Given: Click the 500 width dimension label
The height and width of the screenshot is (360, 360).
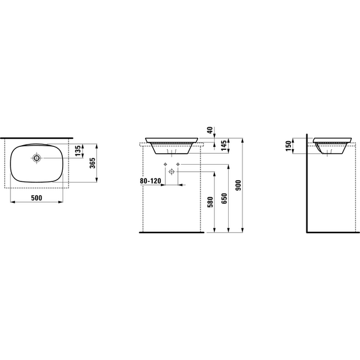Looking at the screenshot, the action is [37, 198].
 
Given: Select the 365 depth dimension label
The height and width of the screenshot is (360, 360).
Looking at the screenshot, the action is [93, 163].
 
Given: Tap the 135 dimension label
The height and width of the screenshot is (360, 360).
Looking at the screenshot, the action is [78, 150].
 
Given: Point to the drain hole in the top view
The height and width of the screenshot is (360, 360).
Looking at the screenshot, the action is [36, 158].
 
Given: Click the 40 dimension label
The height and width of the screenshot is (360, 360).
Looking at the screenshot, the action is [210, 130].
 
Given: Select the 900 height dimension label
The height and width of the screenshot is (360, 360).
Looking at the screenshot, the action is [238, 185].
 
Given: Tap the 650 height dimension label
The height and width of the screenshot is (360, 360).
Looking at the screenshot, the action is [224, 198].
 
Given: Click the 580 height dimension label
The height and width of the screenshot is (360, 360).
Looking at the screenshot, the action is [210, 202].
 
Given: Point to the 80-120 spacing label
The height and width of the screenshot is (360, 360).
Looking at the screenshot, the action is [150, 181].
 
